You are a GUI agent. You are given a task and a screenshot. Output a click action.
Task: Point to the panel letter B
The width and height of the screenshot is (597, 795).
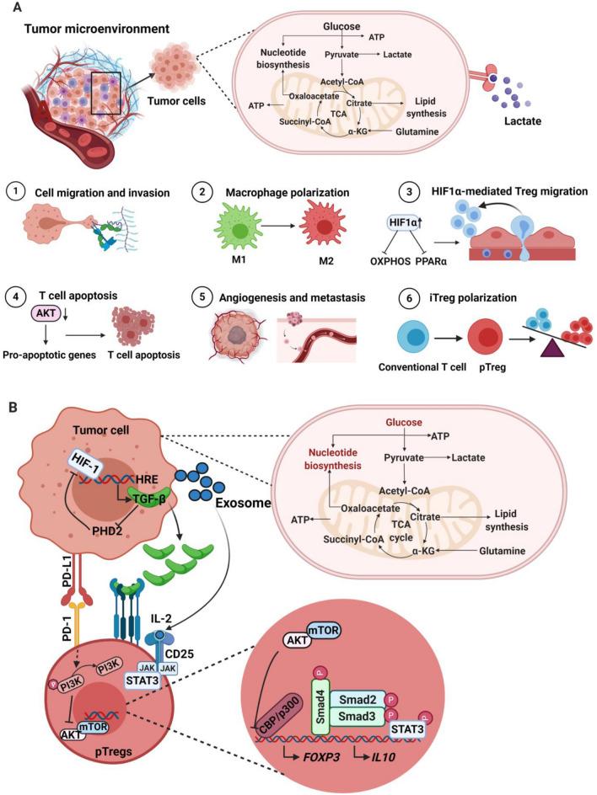13,406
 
